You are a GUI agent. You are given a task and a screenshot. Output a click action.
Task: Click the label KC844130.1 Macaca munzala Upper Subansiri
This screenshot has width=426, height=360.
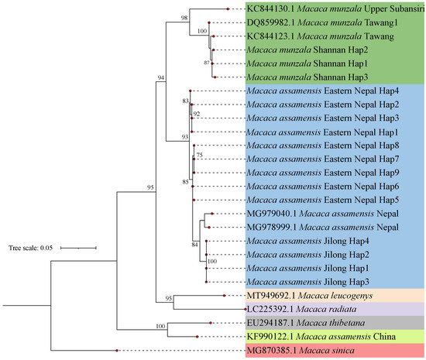click(332, 9)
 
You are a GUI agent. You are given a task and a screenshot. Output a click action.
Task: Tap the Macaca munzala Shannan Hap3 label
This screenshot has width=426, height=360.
click(309, 77)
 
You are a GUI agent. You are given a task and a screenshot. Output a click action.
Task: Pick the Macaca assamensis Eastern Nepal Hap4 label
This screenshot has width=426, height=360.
click(323, 91)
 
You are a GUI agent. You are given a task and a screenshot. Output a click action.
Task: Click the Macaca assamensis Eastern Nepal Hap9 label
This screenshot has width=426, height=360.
click(323, 172)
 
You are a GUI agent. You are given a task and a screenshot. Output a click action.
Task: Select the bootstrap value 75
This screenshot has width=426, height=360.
click(200, 155)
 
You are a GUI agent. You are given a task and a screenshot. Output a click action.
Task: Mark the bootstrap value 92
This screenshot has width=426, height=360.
click(197, 114)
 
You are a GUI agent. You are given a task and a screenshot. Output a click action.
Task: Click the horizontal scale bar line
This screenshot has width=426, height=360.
click(77, 248)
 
